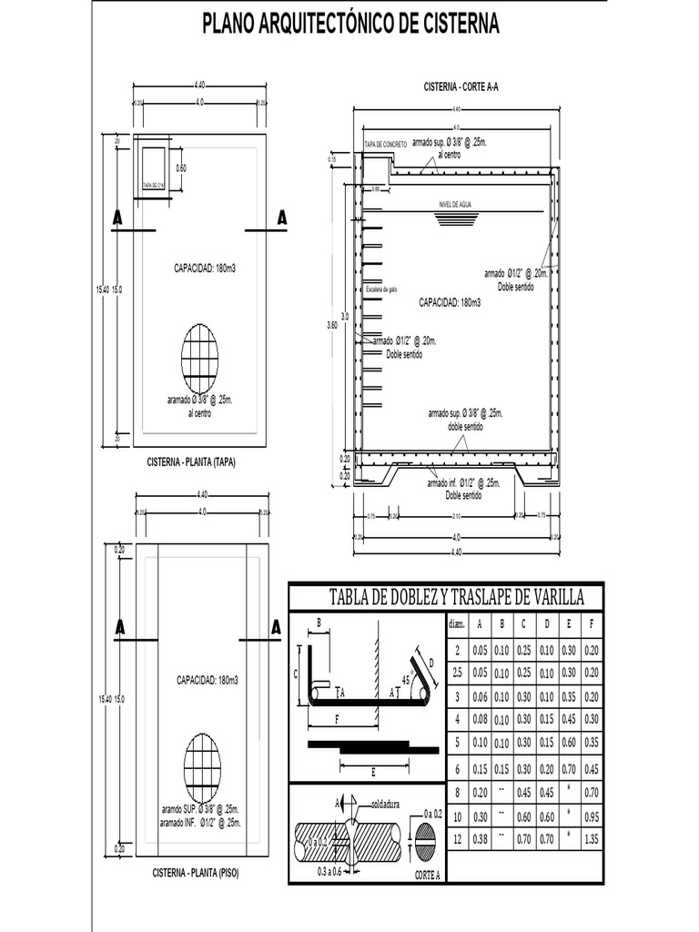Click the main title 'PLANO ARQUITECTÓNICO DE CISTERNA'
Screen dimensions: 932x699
(350, 25)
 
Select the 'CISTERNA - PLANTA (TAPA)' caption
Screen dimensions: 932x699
(191, 461)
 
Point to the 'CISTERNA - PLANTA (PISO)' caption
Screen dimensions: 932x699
(195, 873)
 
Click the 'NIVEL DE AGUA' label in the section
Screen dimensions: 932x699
(456, 205)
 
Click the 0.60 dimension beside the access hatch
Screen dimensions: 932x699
(181, 168)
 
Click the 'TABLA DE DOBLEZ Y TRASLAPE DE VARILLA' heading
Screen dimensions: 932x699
(445, 597)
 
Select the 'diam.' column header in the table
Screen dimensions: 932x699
(456, 624)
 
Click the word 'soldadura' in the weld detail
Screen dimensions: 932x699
(389, 805)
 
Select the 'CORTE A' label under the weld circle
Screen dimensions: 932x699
(427, 875)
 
